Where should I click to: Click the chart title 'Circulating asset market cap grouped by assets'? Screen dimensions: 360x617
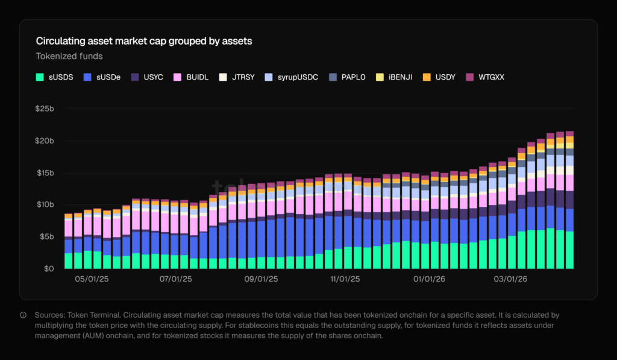click(x=144, y=42)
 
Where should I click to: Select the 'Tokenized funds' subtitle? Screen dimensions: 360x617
click(x=69, y=57)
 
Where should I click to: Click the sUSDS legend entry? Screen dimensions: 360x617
click(x=55, y=77)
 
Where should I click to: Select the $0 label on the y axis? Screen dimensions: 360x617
click(x=48, y=268)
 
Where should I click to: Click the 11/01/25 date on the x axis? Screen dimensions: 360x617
click(x=346, y=280)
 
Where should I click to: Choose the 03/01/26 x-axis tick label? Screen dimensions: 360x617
click(x=510, y=280)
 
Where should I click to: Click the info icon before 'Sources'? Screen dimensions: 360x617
click(x=23, y=315)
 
